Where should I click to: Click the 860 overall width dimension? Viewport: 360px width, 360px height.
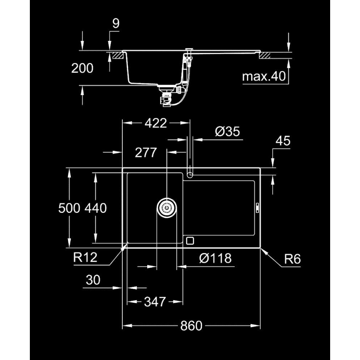191,326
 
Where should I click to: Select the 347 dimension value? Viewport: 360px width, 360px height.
155,302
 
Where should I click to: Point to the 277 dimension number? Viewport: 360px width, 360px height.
146,153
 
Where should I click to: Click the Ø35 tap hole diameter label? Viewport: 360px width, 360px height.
228,132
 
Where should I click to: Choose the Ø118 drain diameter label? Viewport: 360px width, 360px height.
215,258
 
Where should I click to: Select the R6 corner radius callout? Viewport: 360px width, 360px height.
292,260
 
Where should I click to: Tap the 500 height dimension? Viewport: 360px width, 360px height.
68,208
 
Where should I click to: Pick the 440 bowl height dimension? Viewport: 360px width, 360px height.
95,208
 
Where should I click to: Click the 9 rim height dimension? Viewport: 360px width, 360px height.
116,24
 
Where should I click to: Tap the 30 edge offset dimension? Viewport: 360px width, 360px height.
94,280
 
